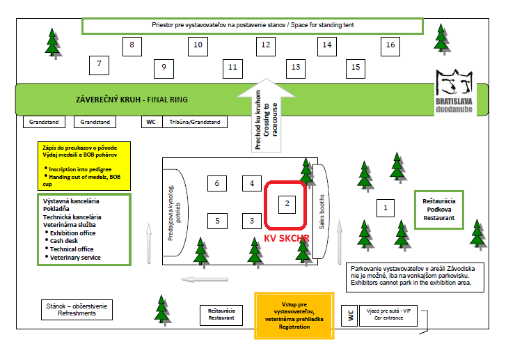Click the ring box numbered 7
point(99,64)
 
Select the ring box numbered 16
point(390,45)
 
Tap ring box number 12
point(265,45)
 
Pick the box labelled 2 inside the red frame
point(286,204)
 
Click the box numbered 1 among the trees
point(385,207)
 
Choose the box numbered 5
point(217,221)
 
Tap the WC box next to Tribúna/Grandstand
point(150,122)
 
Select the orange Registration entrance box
point(294,315)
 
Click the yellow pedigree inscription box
point(83,164)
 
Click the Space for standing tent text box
point(253,25)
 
